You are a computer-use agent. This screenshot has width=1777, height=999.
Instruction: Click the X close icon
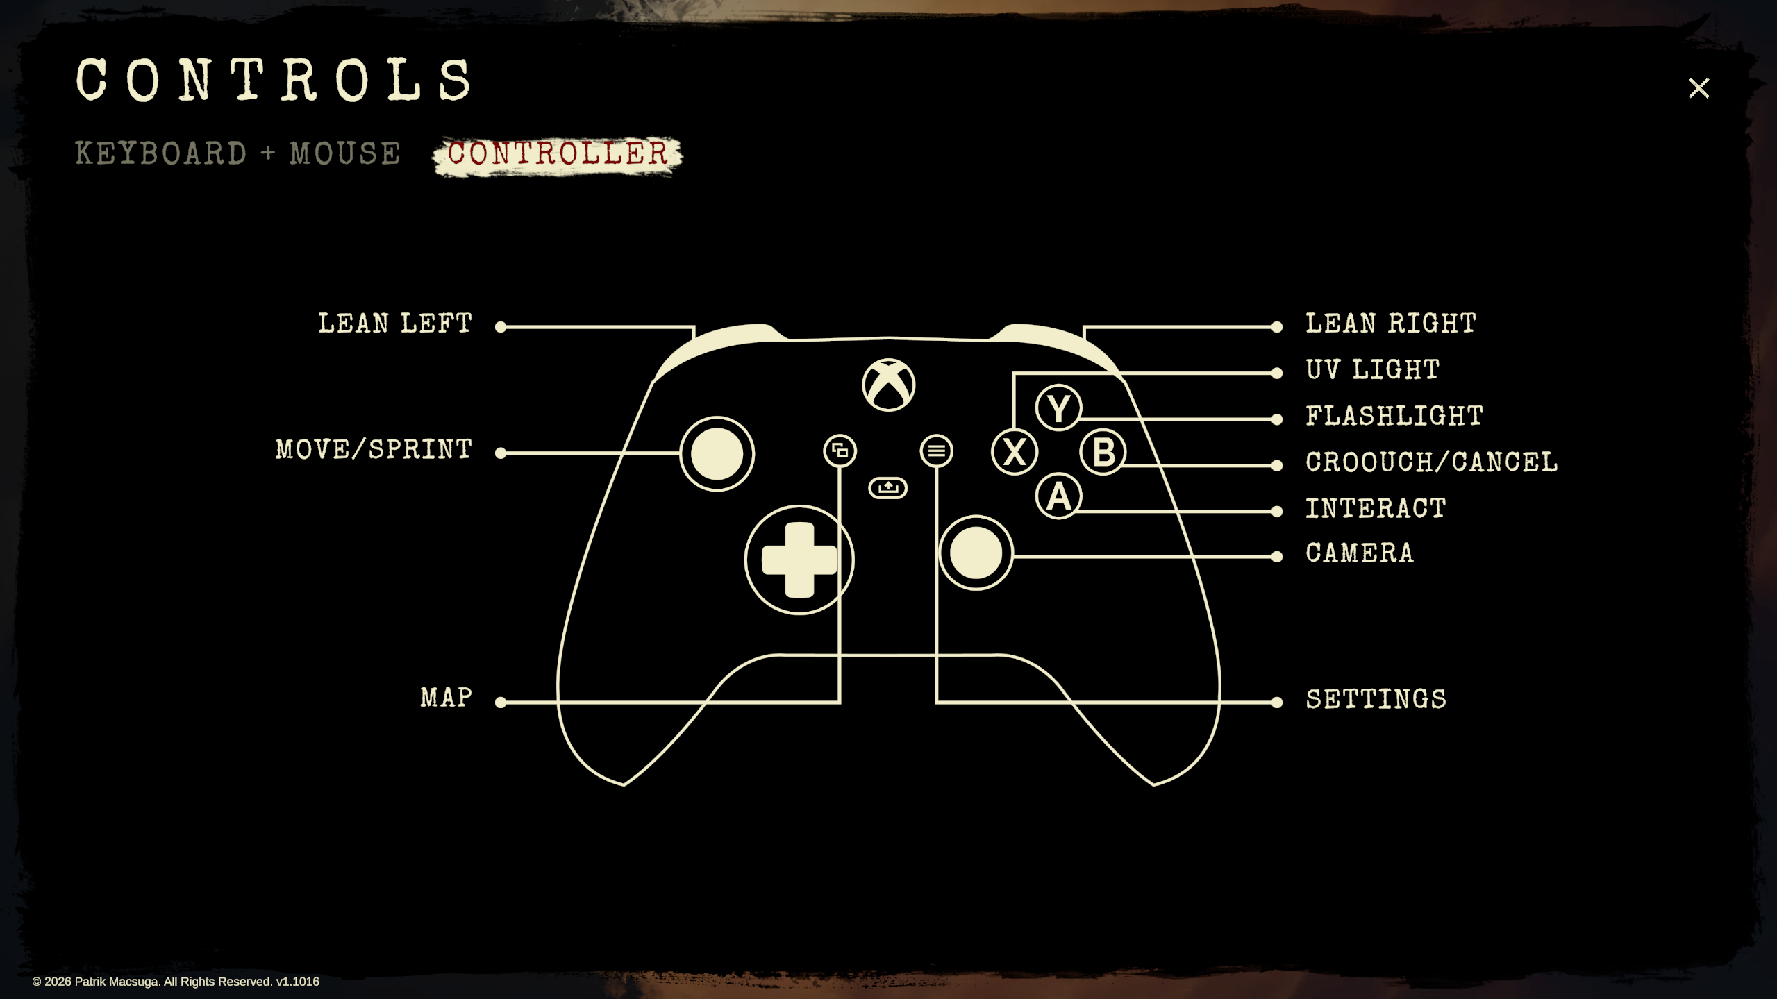tap(1699, 88)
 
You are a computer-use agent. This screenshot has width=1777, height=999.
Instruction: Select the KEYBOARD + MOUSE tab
tap(237, 153)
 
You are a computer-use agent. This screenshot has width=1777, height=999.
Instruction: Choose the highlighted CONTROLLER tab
tap(558, 154)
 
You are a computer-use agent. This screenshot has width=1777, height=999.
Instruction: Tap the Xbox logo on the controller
tap(888, 385)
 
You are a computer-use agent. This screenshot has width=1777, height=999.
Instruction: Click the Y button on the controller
tap(1058, 408)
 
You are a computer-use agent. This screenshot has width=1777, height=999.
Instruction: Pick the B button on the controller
tap(1103, 452)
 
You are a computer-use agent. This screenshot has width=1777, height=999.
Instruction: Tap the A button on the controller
tap(1058, 496)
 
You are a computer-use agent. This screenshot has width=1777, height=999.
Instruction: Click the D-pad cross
tap(799, 560)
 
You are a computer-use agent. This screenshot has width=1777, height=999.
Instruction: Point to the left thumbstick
tap(717, 454)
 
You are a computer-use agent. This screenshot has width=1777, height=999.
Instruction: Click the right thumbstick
tap(976, 553)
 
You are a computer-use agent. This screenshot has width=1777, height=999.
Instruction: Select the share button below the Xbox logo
tap(887, 488)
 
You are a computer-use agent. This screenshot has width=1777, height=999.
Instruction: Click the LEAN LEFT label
tap(394, 324)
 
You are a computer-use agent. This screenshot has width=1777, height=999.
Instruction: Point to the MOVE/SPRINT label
tap(374, 450)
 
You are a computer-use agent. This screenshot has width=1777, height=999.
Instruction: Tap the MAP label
tap(446, 698)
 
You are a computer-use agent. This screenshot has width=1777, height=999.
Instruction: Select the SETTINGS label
tap(1376, 699)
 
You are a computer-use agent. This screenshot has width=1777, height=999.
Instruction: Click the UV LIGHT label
tap(1372, 369)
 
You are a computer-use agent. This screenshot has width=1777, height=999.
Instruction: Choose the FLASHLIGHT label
tap(1394, 416)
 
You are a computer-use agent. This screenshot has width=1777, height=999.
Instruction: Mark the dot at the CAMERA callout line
tap(1276, 557)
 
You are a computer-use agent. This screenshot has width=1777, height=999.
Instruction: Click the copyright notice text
tap(176, 982)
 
